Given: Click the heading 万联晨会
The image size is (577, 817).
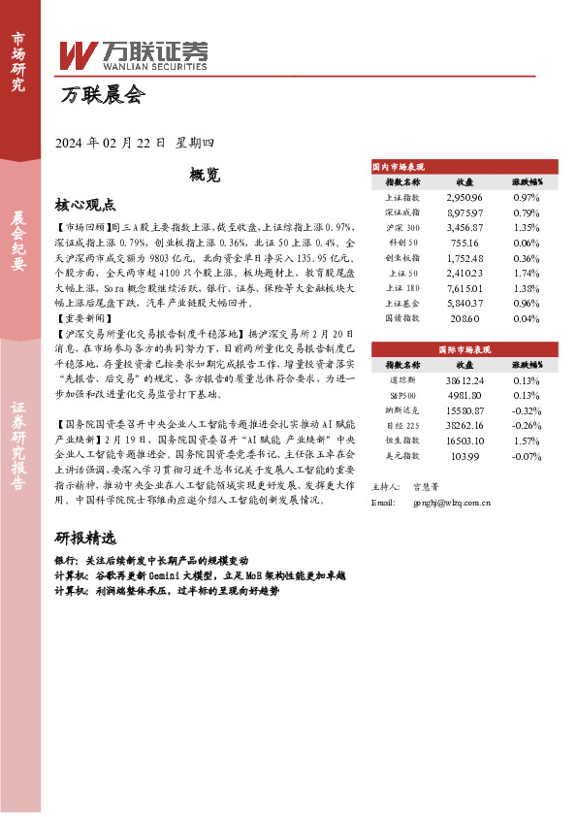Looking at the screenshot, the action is pos(102,96).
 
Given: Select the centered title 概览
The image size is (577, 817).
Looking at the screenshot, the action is pos(205,175).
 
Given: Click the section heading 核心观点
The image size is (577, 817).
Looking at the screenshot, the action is pos(85,205).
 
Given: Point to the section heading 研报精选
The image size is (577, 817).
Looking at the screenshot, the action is pos(85,539).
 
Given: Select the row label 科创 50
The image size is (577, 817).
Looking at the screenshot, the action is pos(402,242).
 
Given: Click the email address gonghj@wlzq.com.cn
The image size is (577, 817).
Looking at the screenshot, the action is pos(451,503).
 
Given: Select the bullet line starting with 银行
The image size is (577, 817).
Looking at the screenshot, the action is pos(150,561).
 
